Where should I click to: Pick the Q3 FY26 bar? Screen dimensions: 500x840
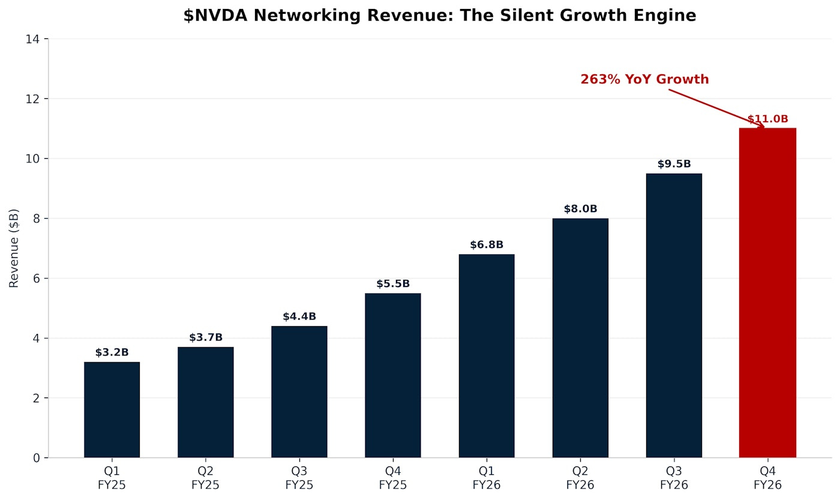pyautogui.click(x=674, y=315)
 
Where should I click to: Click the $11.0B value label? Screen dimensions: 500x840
pyautogui.click(x=767, y=119)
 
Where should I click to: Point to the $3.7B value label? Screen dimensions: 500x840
pyautogui.click(x=206, y=338)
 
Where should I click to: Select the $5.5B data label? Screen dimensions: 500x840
pyautogui.click(x=393, y=284)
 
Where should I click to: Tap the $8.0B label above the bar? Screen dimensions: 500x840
pyautogui.click(x=580, y=209)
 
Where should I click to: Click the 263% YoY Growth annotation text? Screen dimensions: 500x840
pyautogui.click(x=644, y=80)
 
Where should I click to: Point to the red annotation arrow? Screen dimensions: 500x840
pyautogui.click(x=716, y=109)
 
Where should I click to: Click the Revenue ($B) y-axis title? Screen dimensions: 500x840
pyautogui.click(x=14, y=248)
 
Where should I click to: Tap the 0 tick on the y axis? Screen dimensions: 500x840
pyautogui.click(x=37, y=458)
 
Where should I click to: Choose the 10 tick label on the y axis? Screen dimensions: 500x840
pyautogui.click(x=34, y=159)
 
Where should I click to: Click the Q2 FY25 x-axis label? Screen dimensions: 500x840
pyautogui.click(x=206, y=478)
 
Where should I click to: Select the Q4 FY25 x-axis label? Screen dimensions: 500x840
pyautogui.click(x=393, y=478)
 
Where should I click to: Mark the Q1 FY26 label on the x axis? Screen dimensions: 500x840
pyautogui.click(x=487, y=478)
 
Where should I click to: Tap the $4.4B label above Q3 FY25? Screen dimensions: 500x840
pyautogui.click(x=299, y=317)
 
